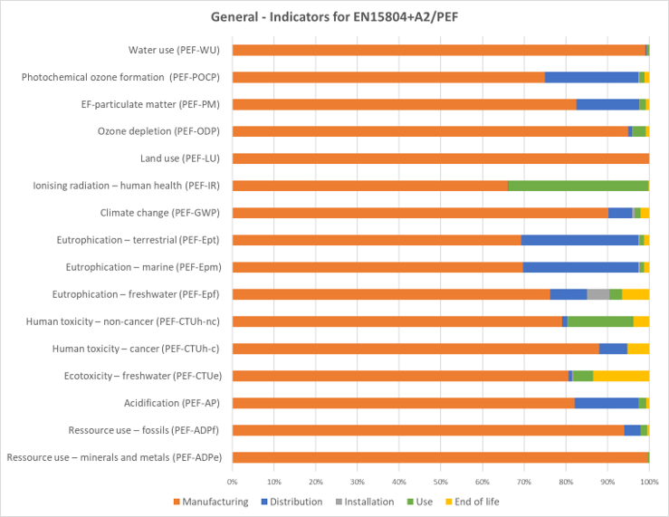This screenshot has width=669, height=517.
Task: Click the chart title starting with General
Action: tap(334, 16)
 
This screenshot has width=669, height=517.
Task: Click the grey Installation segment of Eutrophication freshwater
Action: tap(597, 294)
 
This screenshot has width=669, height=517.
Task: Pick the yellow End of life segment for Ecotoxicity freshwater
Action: tap(621, 376)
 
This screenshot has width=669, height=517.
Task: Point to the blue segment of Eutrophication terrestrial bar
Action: tap(579, 240)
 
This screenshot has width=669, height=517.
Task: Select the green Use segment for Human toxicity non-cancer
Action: tap(600, 321)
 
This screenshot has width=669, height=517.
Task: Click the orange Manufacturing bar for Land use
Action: tap(440, 158)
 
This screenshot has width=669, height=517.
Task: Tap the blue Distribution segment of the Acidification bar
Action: tap(607, 403)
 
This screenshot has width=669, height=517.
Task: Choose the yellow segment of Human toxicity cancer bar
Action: tap(638, 349)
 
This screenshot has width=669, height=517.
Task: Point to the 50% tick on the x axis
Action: tap(441, 482)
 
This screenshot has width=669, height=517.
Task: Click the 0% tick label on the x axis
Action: tap(233, 482)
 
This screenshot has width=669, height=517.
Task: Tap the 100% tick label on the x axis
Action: tap(648, 482)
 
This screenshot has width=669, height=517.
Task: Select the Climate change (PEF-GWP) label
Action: tap(160, 213)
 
